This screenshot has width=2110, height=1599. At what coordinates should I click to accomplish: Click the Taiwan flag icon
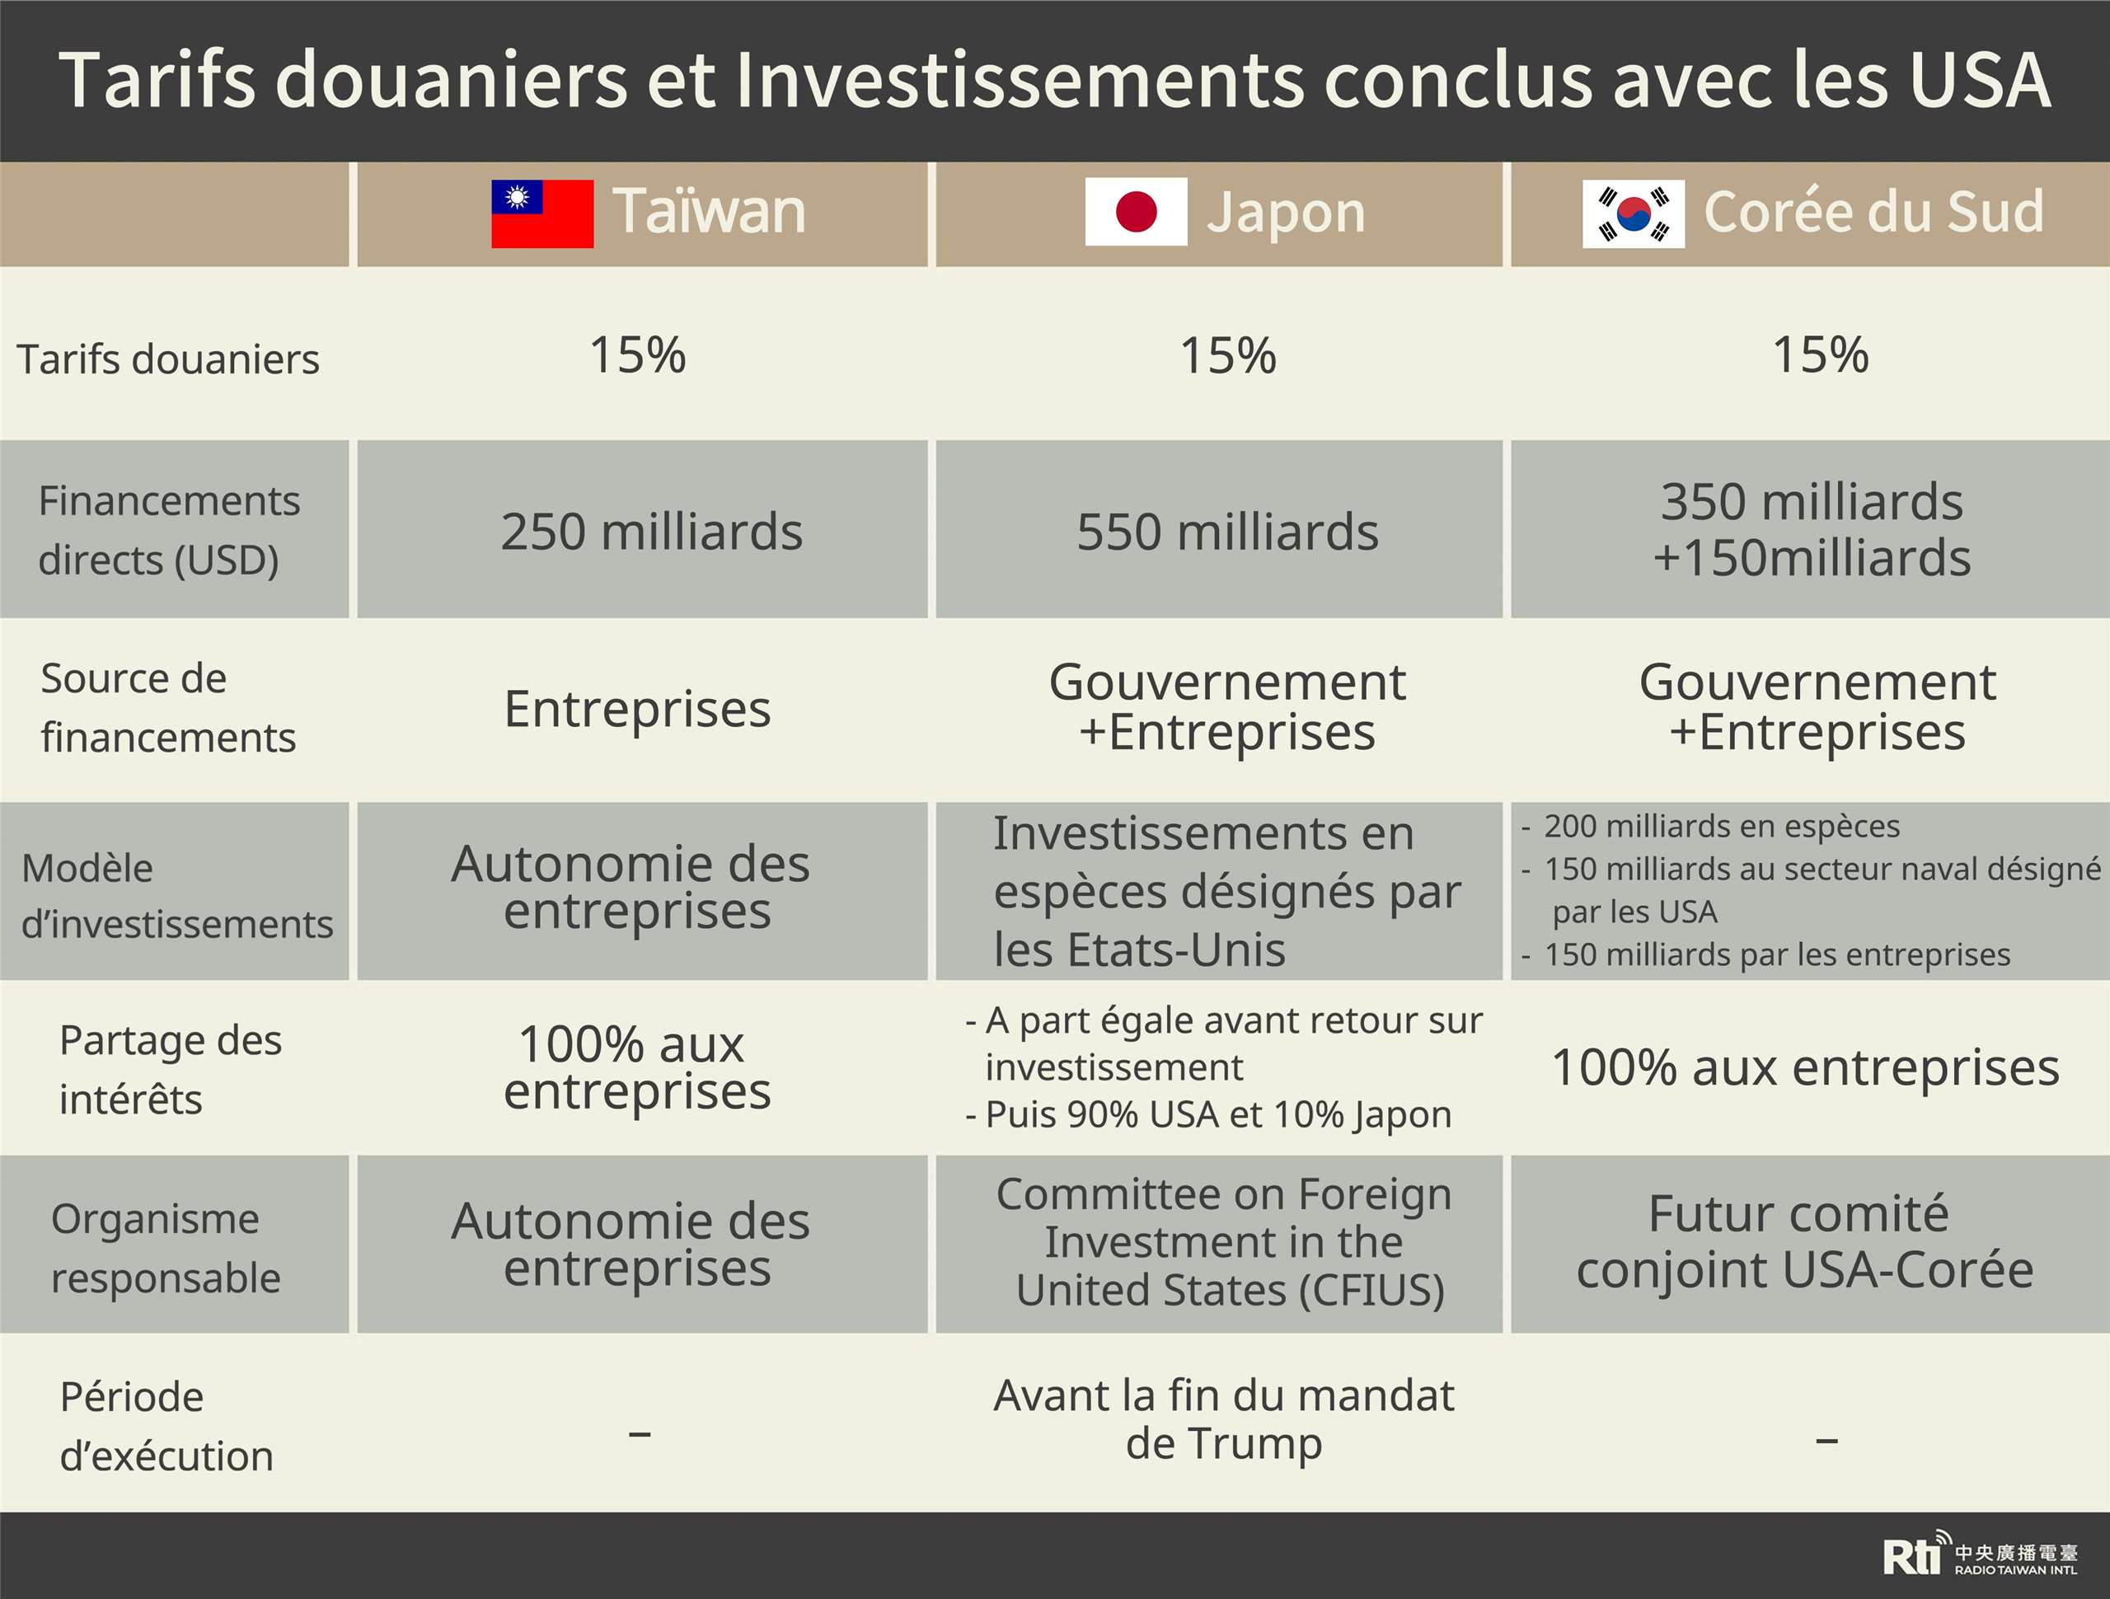[542, 213]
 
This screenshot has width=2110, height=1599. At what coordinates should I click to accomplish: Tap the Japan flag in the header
[1135, 212]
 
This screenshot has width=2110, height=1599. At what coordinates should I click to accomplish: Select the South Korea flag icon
[1633, 213]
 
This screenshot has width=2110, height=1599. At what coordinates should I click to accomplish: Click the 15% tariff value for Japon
[1227, 356]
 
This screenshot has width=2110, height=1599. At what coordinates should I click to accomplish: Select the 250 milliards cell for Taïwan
[651, 532]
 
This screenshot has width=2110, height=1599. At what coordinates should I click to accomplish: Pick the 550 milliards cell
[1227, 532]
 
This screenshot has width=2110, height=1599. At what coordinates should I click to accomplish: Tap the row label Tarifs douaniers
[168, 359]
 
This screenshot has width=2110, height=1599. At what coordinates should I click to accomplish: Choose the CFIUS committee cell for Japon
[1226, 1242]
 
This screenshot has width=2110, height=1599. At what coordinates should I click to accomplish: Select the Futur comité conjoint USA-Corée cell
[1805, 1242]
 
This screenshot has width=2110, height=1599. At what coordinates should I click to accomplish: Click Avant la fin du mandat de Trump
[1224, 1418]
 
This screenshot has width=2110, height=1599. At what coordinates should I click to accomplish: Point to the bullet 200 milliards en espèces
[1721, 826]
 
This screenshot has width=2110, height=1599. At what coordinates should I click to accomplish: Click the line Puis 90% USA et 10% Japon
[1218, 1114]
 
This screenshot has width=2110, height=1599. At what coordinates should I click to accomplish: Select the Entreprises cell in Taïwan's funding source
[637, 709]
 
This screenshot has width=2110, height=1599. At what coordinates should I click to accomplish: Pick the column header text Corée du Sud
[1873, 212]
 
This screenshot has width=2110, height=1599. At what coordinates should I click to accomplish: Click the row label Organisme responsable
[166, 1248]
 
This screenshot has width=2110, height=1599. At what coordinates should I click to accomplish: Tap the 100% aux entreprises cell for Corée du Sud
[1805, 1067]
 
